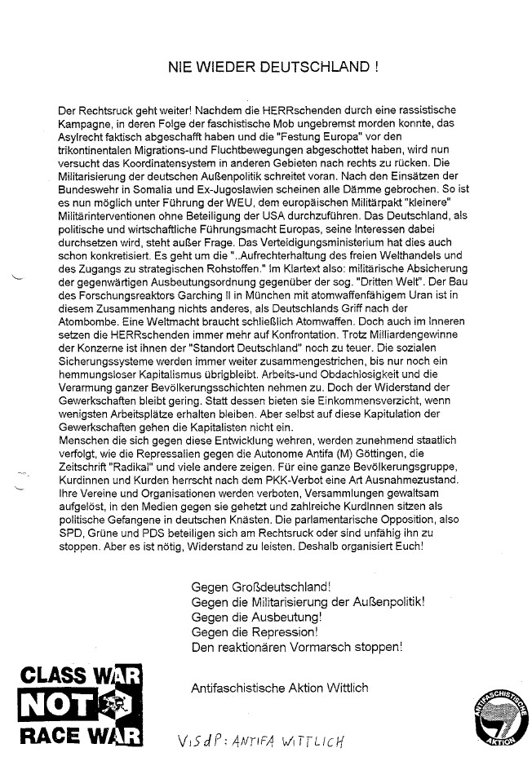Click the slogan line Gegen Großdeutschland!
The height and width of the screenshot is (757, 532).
[260, 587]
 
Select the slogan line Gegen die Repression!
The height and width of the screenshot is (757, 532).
[253, 632]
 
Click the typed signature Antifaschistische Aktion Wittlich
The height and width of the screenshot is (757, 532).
[279, 688]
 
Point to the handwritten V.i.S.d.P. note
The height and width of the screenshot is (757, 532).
[261, 740]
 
